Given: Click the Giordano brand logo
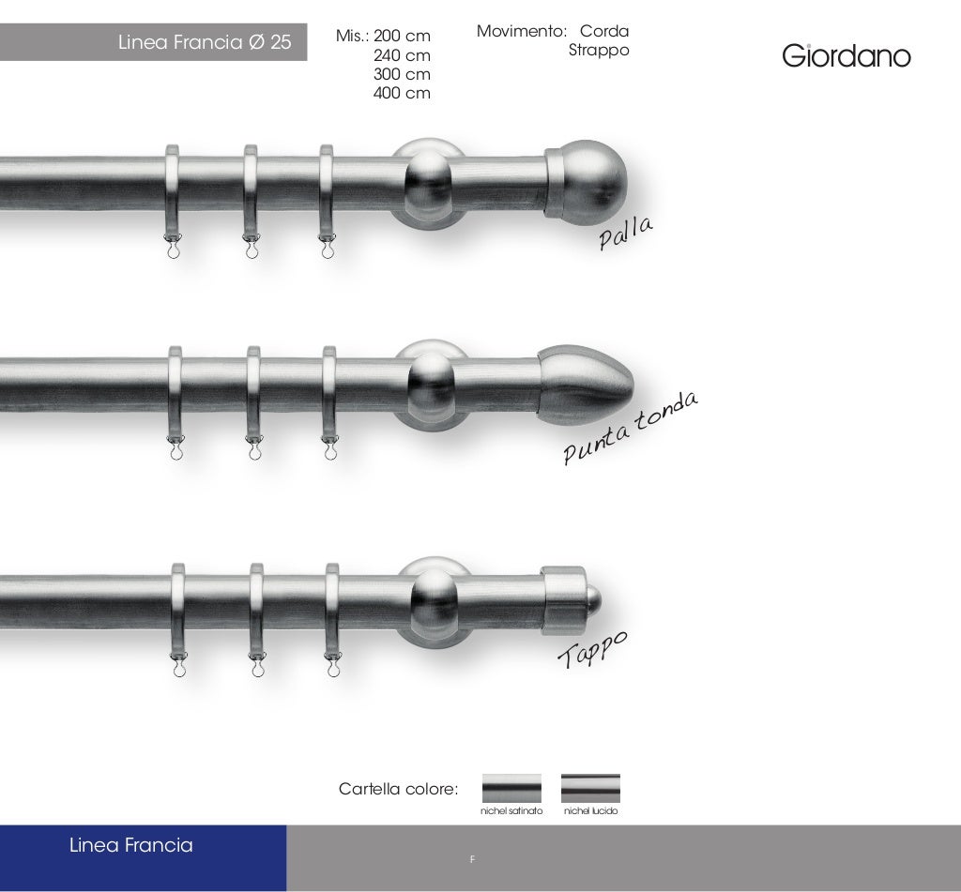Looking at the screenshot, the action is pos(847,55).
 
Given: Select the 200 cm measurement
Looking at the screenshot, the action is pos(402,37).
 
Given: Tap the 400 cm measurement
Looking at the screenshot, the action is pos(402,93).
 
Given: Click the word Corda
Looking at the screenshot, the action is pos(604,31).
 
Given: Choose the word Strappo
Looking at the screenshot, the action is pos(599,51).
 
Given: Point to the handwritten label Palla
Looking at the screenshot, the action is pos(626,233).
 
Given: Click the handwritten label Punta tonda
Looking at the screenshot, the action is pos(630,428).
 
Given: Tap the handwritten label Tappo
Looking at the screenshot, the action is pos(592,649).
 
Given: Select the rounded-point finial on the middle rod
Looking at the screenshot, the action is pos(586,386).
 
